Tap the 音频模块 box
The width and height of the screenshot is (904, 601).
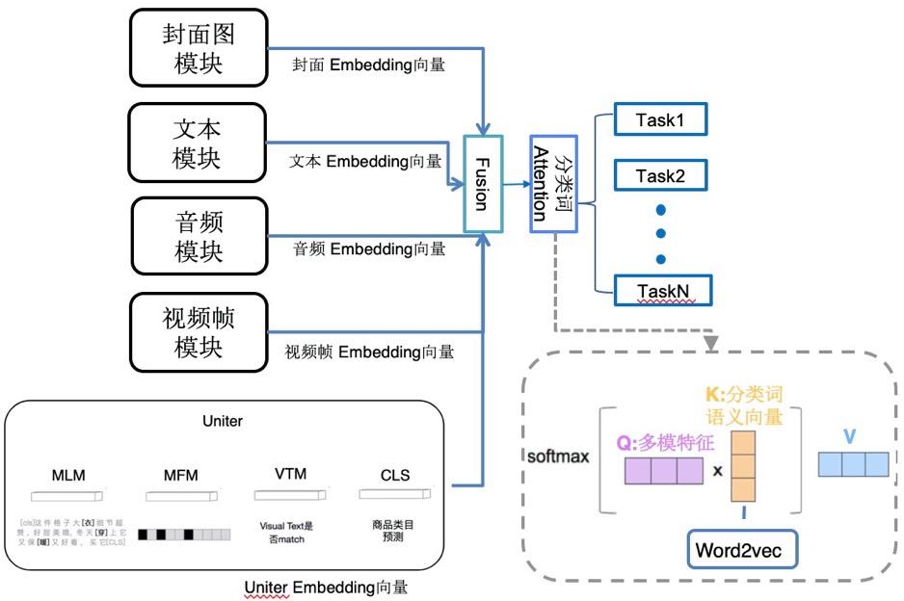(x=199, y=237)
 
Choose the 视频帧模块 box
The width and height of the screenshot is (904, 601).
(x=199, y=332)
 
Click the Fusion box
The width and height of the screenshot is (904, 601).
(x=482, y=184)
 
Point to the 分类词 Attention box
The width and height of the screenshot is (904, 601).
(x=553, y=184)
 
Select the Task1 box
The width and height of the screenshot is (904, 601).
(x=659, y=120)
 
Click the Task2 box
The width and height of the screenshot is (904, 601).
(x=659, y=175)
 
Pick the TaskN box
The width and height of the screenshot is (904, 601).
(x=660, y=289)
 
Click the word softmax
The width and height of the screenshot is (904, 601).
(x=558, y=455)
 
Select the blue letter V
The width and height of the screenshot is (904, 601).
(x=848, y=436)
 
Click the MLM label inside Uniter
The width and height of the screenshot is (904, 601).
(x=69, y=476)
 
